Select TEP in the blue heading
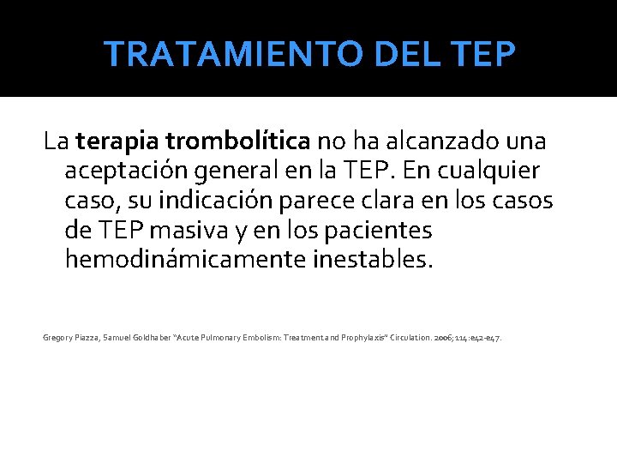pos(484,54)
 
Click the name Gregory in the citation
pos(58,338)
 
